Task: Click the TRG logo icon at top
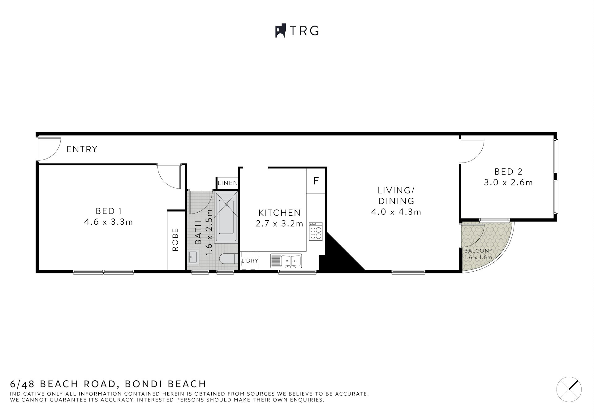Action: coord(280,31)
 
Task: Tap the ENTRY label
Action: coord(82,150)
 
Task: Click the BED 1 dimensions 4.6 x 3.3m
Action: coord(108,222)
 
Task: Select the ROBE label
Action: coord(175,239)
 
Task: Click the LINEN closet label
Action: coord(227,183)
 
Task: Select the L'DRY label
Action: coord(250,261)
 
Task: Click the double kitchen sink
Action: coord(286,261)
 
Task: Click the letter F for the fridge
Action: coord(316,181)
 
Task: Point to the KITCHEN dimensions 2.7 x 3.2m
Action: coord(279,224)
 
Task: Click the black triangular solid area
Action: coord(337,256)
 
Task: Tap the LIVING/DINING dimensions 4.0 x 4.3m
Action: coord(396,212)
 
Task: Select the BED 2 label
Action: coord(508,171)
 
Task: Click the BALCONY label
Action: coord(478,251)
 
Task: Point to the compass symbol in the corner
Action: coord(569,389)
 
